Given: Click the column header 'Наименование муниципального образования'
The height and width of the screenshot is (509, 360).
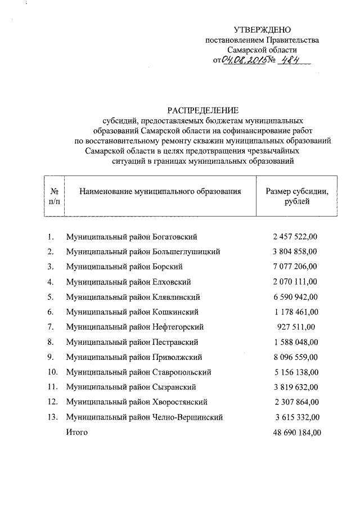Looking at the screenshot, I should point(160,191).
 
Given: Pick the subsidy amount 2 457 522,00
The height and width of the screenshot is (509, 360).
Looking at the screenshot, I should point(295,237).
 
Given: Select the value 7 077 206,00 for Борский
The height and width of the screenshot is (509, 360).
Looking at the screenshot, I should point(295,266).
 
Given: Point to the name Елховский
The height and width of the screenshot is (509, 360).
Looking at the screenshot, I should point(172,281).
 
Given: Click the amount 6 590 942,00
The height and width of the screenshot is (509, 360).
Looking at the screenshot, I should point(295,296).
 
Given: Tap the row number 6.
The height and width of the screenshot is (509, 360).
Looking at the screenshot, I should point(51,312).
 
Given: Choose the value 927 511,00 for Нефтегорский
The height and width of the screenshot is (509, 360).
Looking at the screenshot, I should point(295,326).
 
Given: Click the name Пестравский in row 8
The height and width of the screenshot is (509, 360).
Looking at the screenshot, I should point(175,341).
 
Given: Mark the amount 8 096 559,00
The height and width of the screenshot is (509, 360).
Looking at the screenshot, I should point(295,357).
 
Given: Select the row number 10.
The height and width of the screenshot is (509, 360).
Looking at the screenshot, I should point(52,372).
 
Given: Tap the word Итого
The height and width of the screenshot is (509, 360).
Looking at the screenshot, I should point(77,432).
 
